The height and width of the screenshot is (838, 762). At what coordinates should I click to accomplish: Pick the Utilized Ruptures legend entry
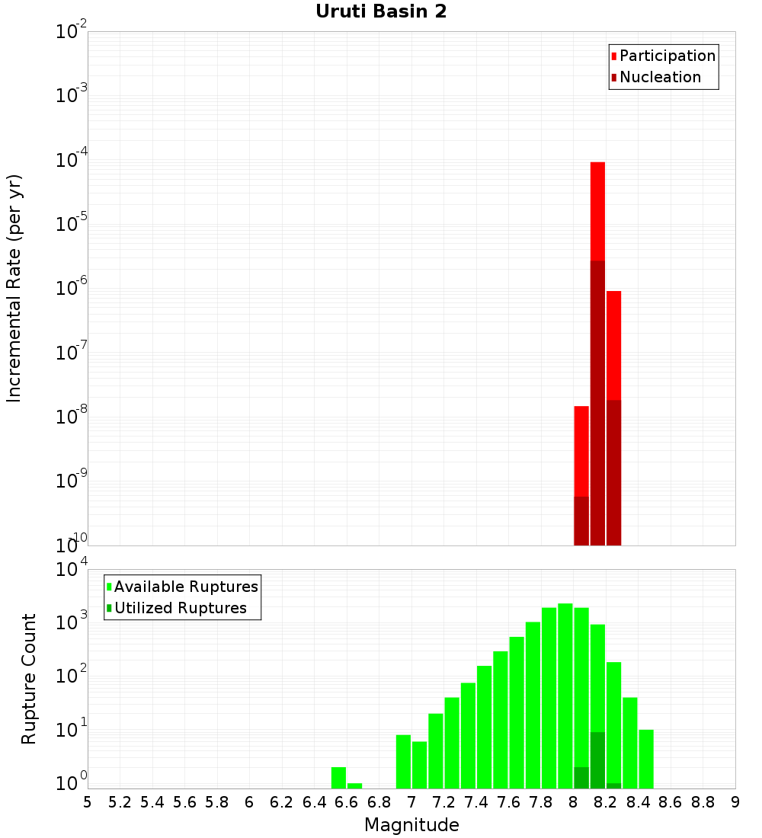pyautogui.click(x=180, y=608)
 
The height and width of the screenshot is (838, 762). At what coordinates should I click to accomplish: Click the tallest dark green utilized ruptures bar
pyautogui.click(x=597, y=760)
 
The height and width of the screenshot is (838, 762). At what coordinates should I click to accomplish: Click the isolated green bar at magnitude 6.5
pyautogui.click(x=338, y=777)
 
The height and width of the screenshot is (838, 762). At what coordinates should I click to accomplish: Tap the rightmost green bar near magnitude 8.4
pyautogui.click(x=646, y=758)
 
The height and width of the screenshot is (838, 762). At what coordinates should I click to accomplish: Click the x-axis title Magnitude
pyautogui.click(x=411, y=825)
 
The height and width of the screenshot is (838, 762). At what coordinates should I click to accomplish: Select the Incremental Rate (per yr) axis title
pyautogui.click(x=14, y=288)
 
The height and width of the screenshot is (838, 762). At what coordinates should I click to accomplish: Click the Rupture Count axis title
pyautogui.click(x=29, y=679)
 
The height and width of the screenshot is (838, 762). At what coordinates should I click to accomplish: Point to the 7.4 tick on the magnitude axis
pyautogui.click(x=476, y=802)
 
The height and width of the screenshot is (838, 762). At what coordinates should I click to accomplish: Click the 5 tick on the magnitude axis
pyautogui.click(x=88, y=802)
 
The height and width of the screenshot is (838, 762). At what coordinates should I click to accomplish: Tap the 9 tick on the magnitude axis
pyautogui.click(x=735, y=802)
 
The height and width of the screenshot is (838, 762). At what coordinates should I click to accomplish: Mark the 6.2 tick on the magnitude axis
pyautogui.click(x=282, y=802)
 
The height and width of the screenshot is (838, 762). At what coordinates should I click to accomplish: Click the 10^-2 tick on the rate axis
pyautogui.click(x=71, y=32)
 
